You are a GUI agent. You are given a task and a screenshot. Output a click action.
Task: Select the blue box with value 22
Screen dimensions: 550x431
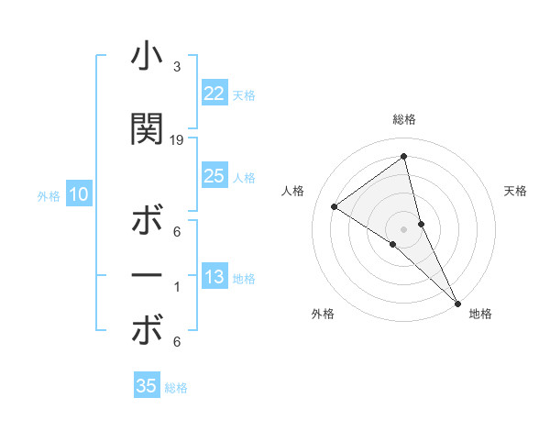click(214, 93)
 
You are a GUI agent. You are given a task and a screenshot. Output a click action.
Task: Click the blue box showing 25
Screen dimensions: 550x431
click(214, 176)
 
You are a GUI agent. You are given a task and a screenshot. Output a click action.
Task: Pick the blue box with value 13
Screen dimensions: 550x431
click(214, 277)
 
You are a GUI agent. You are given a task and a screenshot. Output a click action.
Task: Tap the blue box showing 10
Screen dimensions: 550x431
click(78, 194)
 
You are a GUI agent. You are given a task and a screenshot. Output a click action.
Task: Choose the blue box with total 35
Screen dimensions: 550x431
click(147, 386)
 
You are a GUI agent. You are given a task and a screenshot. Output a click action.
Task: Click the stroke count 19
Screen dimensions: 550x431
click(177, 139)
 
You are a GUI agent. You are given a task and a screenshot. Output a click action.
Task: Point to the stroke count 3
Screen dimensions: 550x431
click(177, 67)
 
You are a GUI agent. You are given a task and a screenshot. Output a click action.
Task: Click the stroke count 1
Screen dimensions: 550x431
click(177, 287)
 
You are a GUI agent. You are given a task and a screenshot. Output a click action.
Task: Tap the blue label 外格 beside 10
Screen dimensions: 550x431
click(48, 195)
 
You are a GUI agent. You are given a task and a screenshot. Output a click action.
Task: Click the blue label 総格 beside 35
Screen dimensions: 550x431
click(176, 388)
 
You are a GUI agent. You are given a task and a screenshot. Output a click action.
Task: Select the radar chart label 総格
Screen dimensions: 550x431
click(403, 119)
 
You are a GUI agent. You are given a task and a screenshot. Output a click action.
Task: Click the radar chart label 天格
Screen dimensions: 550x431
click(516, 191)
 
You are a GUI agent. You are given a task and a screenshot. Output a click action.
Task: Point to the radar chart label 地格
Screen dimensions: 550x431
click(480, 314)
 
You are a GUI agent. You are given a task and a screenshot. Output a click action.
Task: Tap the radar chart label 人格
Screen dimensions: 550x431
click(292, 191)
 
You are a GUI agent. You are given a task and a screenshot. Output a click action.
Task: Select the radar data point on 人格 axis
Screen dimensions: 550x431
click(335, 206)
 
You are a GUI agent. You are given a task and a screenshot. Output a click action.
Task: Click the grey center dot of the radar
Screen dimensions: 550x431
click(403, 228)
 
